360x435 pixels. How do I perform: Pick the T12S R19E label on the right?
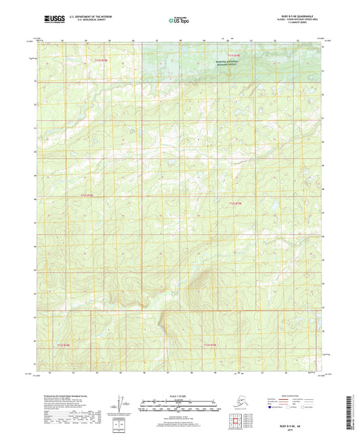click(x=234, y=203)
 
